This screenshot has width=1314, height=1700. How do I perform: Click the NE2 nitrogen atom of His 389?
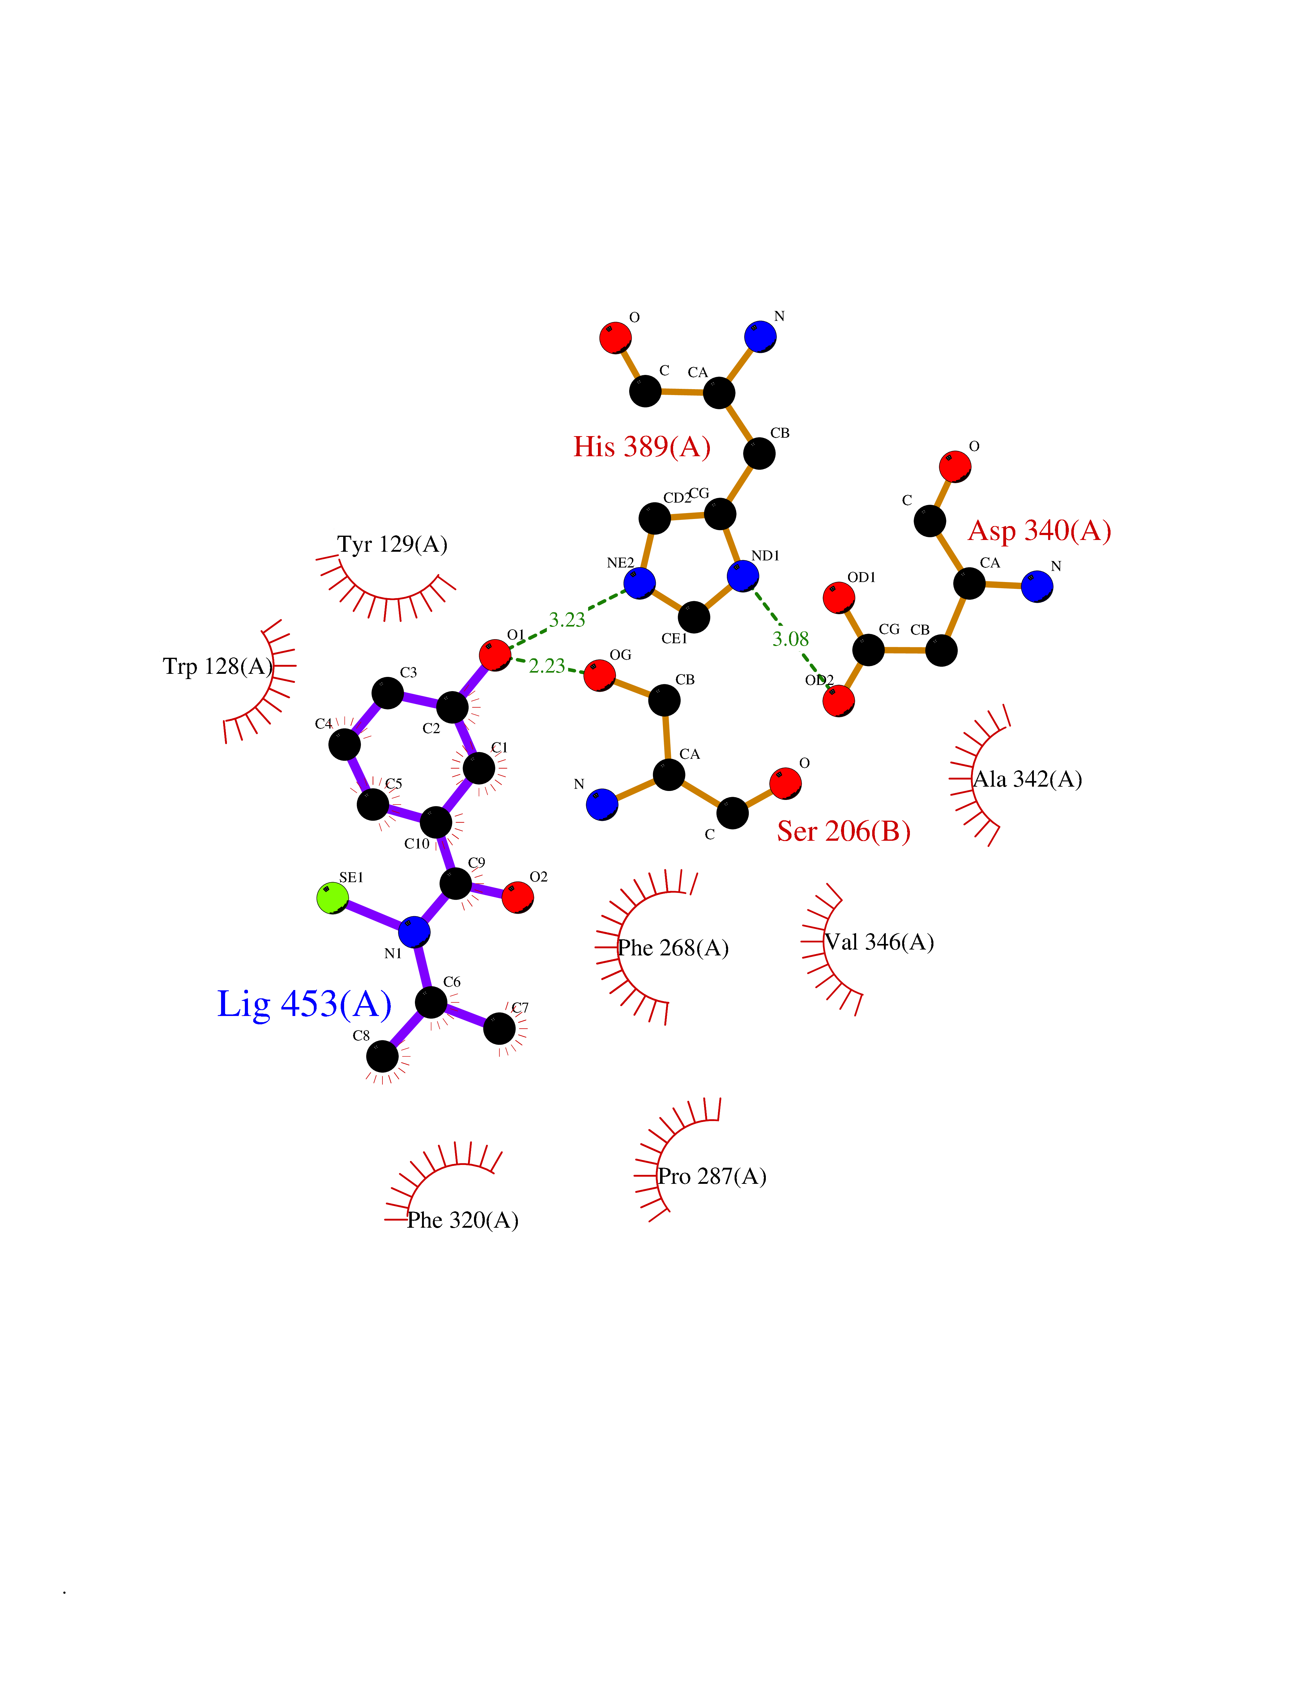pyautogui.click(x=639, y=583)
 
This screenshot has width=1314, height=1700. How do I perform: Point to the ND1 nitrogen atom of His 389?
pyautogui.click(x=743, y=576)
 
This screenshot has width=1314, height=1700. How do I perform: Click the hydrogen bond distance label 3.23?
pyautogui.click(x=567, y=620)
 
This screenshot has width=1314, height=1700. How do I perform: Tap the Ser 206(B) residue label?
pyautogui.click(x=844, y=831)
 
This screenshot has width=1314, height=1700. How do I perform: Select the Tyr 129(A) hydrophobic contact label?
pyautogui.click(x=392, y=544)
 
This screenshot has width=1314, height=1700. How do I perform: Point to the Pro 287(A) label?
pyautogui.click(x=712, y=1176)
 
